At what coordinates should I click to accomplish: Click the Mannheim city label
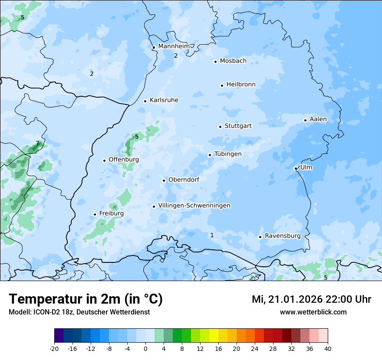174,46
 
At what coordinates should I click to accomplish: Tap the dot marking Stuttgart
220,127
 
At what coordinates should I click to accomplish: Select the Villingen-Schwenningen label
194,206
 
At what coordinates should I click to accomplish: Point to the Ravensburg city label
283,236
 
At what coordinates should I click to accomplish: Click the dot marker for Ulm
296,168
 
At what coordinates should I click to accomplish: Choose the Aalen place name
318,119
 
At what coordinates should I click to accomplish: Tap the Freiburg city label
111,213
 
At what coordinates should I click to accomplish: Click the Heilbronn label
241,85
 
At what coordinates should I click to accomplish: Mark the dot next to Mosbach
215,62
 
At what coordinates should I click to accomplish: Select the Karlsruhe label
164,100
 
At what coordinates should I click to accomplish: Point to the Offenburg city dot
104,160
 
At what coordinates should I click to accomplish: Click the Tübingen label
228,154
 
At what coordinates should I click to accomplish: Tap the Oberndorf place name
184,180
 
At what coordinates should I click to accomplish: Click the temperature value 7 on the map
37,144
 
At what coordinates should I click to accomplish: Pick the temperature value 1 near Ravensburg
212,235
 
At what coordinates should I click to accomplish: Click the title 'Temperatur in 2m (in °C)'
86,299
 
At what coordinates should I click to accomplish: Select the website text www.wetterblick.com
313,312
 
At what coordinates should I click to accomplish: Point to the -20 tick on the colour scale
54,348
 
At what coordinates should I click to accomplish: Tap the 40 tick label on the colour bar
328,348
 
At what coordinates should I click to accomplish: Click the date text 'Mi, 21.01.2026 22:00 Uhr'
311,299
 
